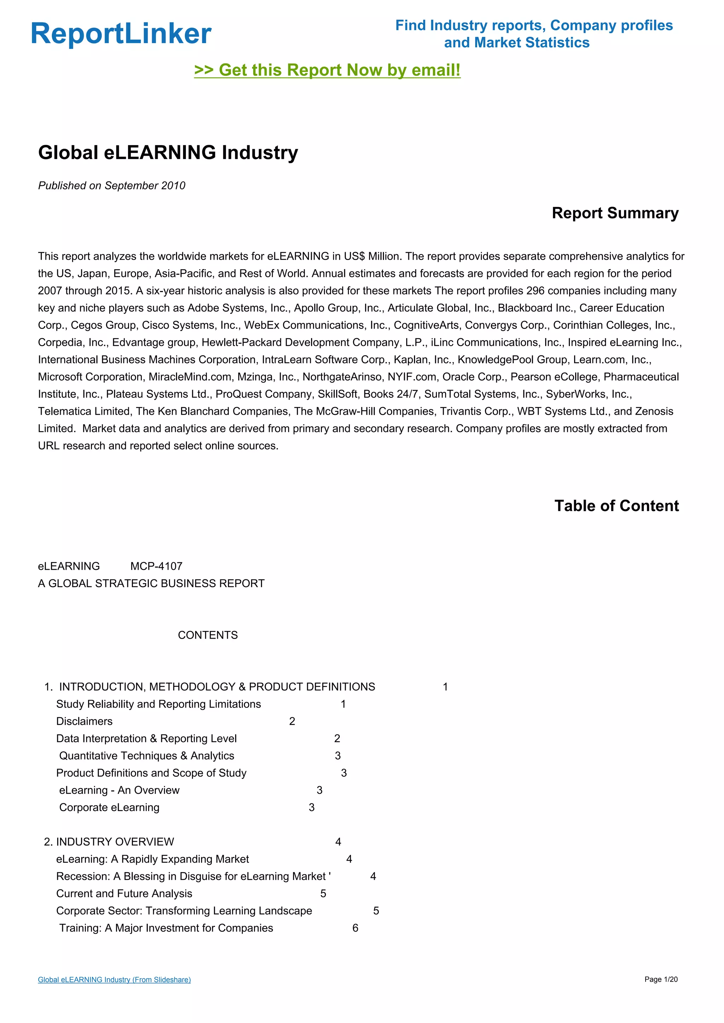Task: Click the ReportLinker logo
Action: [x=121, y=34]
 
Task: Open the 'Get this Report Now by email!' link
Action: [x=327, y=70]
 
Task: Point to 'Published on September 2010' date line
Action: [x=111, y=185]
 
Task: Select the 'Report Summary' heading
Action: [x=615, y=213]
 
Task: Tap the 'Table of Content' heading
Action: [x=616, y=506]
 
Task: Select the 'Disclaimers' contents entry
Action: [x=84, y=721]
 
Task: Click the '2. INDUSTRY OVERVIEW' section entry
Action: [x=109, y=842]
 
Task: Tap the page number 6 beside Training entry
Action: [x=355, y=928]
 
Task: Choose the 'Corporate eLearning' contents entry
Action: [x=109, y=808]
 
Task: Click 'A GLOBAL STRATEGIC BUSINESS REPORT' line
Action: [x=151, y=583]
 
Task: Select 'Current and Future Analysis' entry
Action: [x=124, y=893]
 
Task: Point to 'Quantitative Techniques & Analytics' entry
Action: [x=147, y=756]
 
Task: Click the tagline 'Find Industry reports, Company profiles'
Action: [x=534, y=25]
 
